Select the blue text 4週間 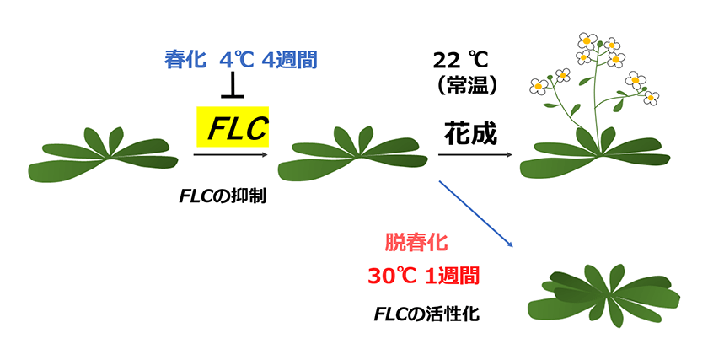tap(289, 60)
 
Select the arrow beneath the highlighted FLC tap(229, 154)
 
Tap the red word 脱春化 tap(416, 242)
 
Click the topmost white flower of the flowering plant tap(587, 40)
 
